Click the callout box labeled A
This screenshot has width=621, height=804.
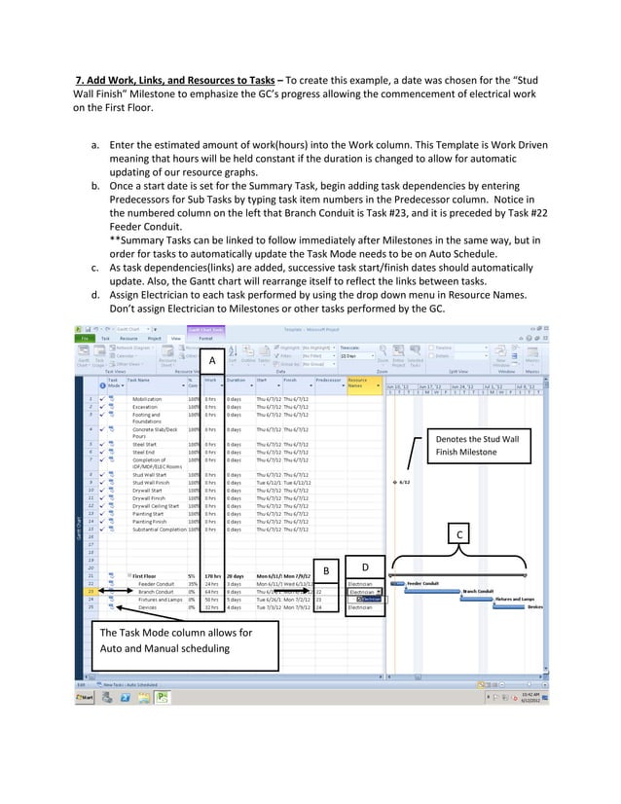210,361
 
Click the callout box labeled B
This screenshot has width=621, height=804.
328,569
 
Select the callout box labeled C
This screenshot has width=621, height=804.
459,534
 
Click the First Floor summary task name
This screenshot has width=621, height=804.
146,575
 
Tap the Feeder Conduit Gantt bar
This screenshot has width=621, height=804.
397,583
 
